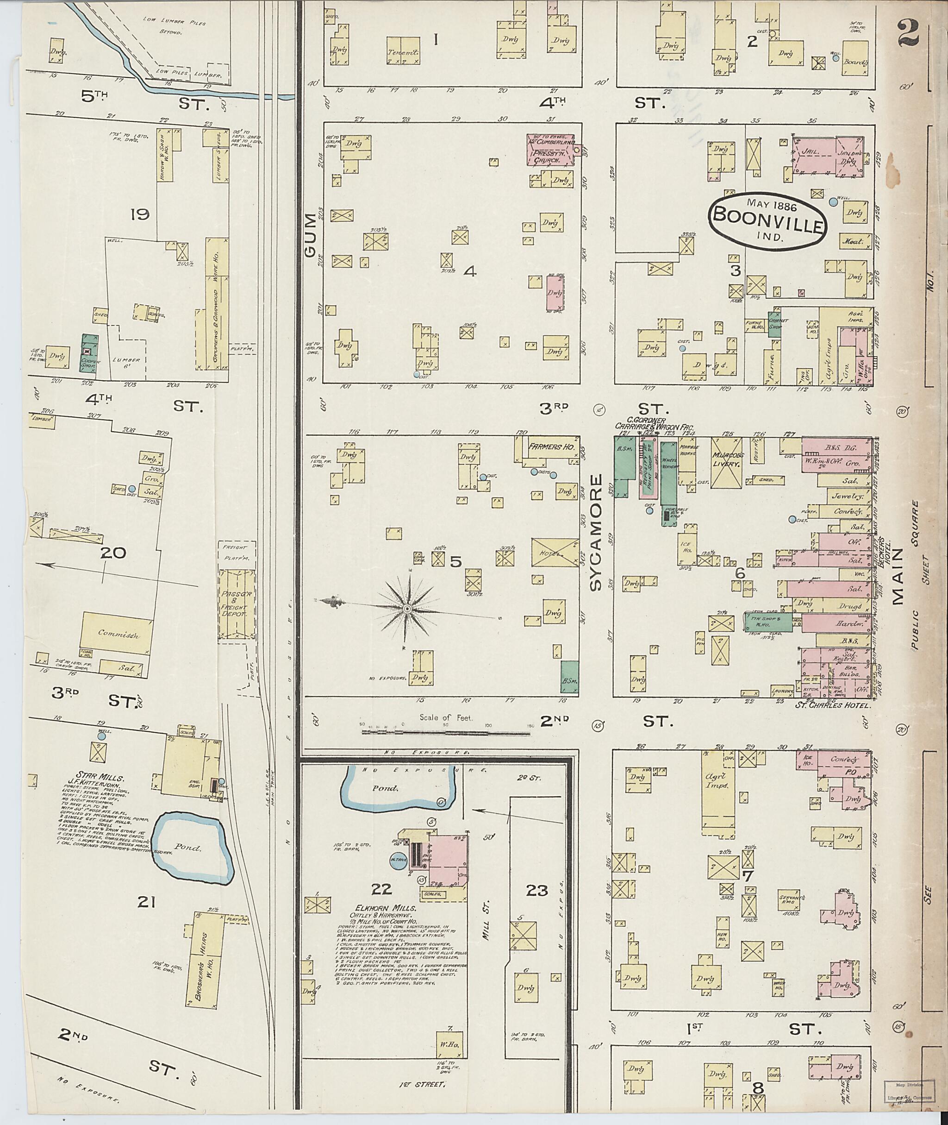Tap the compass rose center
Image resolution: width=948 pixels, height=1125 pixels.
pos(407,608)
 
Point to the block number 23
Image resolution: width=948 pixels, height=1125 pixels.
pos(536,891)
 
